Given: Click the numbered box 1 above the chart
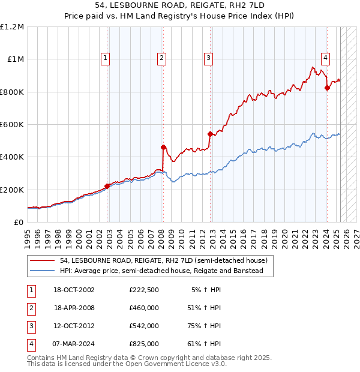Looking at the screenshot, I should pyautogui.click(x=105, y=58).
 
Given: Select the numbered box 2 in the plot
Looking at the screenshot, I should pyautogui.click(x=162, y=58).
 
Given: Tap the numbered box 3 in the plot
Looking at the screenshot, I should pyautogui.click(x=208, y=58).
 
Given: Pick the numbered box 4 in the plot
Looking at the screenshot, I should pyautogui.click(x=325, y=58).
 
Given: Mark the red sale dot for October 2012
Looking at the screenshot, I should pyautogui.click(x=210, y=134).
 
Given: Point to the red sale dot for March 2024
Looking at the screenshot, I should pyautogui.click(x=327, y=88).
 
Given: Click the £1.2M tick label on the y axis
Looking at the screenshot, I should pyautogui.click(x=12, y=27).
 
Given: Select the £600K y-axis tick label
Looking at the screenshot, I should pyautogui.click(x=12, y=125).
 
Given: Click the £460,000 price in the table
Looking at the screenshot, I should pyautogui.click(x=144, y=308).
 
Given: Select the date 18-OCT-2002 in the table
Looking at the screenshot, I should pyautogui.click(x=74, y=290).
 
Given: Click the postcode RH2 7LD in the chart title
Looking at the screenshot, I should pyautogui.click(x=238, y=7).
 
